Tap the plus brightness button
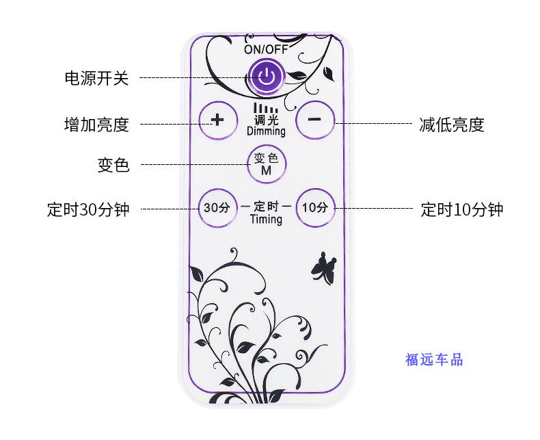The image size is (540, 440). pyautogui.click(x=217, y=120)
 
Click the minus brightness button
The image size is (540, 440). pyautogui.click(x=314, y=120)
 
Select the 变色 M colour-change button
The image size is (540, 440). pyautogui.click(x=266, y=164)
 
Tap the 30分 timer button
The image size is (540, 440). pyautogui.click(x=217, y=207)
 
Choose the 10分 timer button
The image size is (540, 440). pyautogui.click(x=315, y=207)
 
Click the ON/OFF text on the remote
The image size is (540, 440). pyautogui.click(x=266, y=49)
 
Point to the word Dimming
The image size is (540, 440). pyautogui.click(x=266, y=131)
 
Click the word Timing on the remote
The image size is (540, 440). pyautogui.click(x=266, y=220)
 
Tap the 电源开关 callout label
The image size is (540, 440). pyautogui.click(x=96, y=78)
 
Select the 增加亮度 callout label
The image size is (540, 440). pyautogui.click(x=96, y=125)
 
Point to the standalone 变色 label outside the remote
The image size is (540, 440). pyautogui.click(x=113, y=166)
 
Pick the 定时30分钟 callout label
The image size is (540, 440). pyautogui.click(x=88, y=209)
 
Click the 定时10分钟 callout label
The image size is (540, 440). pyautogui.click(x=462, y=209)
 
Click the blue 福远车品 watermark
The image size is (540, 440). pyautogui.click(x=434, y=359)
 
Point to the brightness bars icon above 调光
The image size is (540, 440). pyautogui.click(x=266, y=108)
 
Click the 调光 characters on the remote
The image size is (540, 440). pyautogui.click(x=266, y=120)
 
